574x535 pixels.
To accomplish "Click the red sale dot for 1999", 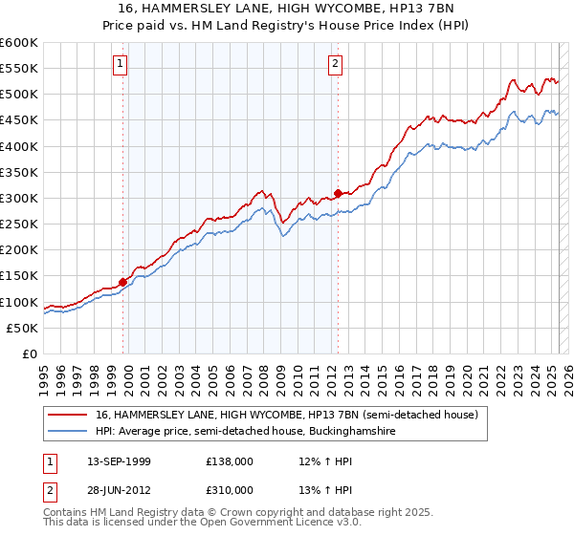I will click(123, 281).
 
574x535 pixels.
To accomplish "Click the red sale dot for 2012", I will click(339, 193).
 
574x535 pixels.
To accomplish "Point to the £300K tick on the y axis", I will click(19, 198).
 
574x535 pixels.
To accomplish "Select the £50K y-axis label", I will click(23, 328).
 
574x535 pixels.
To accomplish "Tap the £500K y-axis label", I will click(19, 95).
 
